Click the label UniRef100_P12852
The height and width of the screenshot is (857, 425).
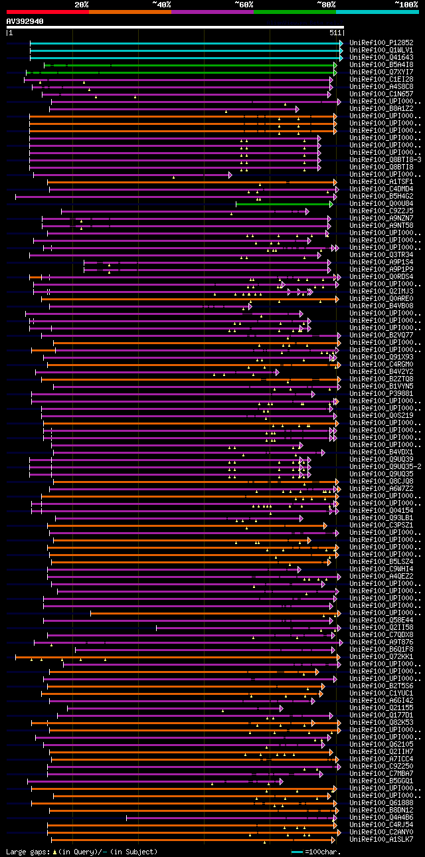click(381, 43)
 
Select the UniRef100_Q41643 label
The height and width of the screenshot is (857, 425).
click(381, 58)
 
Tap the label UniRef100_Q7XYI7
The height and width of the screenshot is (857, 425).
click(381, 72)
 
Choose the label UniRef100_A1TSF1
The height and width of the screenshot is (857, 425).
click(381, 182)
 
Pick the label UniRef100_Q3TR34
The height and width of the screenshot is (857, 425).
click(381, 255)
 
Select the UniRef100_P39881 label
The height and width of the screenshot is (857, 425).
click(381, 394)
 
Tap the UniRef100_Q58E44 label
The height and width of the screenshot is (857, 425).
click(381, 620)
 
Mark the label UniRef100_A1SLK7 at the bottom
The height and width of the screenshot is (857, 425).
click(381, 840)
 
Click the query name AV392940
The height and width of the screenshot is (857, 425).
click(25, 21)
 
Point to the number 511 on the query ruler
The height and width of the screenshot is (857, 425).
click(335, 33)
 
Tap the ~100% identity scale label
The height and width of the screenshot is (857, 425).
click(406, 5)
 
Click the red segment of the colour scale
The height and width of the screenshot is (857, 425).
click(47, 11)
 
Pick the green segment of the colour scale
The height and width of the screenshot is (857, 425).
click(294, 11)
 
